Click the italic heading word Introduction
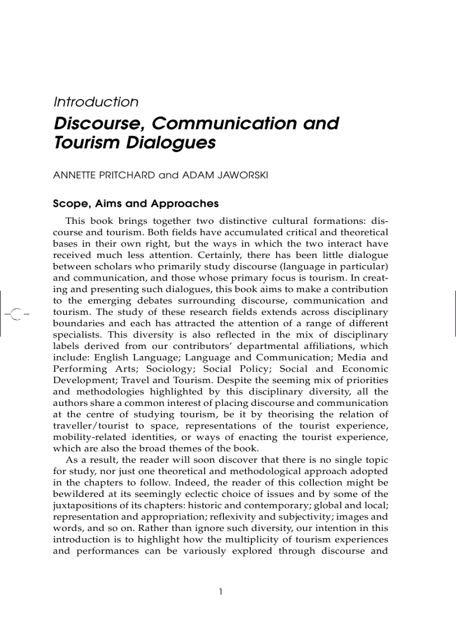click(96, 102)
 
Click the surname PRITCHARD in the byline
click(126, 175)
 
